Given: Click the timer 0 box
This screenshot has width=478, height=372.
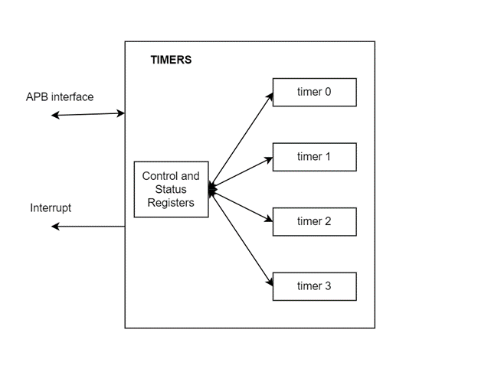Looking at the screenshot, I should [x=314, y=92].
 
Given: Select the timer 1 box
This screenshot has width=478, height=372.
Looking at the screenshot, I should [x=314, y=157].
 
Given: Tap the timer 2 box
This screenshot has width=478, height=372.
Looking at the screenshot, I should [x=314, y=221].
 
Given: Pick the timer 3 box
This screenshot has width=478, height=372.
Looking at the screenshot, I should [x=314, y=286].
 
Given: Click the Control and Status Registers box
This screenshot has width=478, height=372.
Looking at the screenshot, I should [x=171, y=189].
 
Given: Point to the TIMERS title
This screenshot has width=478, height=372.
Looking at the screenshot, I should [x=170, y=60].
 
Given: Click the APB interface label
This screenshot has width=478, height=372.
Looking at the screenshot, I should [x=60, y=97].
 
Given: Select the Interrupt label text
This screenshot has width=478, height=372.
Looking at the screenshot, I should [x=52, y=207].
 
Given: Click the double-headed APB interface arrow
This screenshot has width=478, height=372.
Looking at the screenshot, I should [x=88, y=114].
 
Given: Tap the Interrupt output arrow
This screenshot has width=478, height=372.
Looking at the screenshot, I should [x=88, y=227].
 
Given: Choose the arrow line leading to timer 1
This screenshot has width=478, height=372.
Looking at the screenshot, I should [x=241, y=173].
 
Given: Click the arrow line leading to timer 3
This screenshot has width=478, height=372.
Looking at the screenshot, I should [x=241, y=237].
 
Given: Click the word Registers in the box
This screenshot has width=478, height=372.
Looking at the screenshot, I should [x=171, y=203].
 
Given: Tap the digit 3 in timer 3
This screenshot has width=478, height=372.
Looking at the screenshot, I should [x=328, y=286].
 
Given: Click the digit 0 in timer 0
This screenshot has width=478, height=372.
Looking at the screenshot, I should [x=328, y=92].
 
